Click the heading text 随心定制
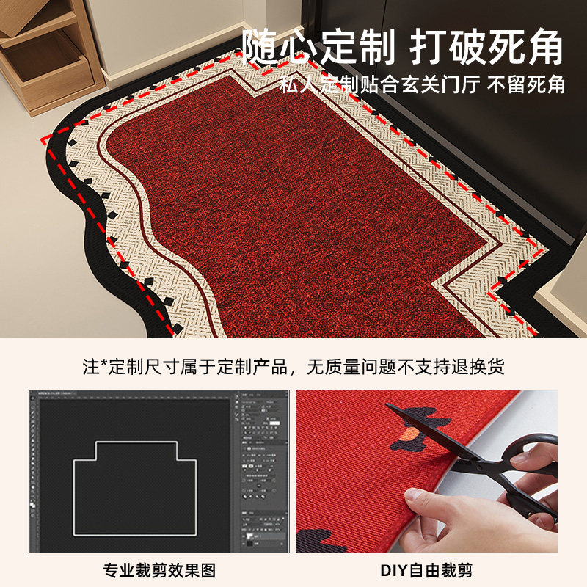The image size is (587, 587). point(318,48)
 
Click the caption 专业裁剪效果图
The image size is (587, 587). point(156,570)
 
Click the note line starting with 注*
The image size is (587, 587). point(293,366)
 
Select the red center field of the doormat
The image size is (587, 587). point(293,213)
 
